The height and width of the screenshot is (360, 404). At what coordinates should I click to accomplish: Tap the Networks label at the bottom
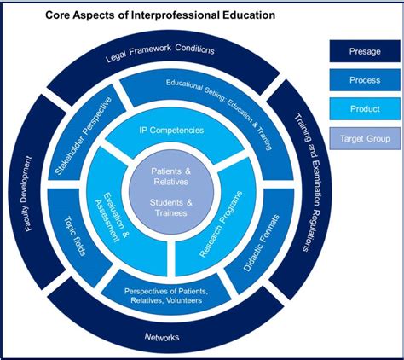162,338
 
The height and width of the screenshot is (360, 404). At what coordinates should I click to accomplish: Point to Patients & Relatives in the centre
168,177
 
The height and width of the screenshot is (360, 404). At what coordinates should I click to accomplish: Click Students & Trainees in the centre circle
168,207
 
